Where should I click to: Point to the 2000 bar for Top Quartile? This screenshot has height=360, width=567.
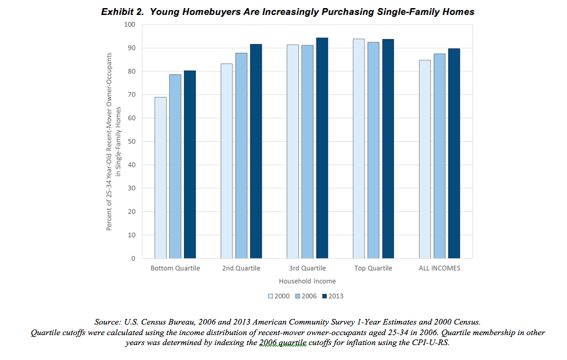[x=359, y=149]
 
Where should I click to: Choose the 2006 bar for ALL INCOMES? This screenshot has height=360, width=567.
[x=440, y=156]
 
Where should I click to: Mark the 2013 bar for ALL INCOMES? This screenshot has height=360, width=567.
[x=454, y=153]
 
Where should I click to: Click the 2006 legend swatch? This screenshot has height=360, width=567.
[x=298, y=295]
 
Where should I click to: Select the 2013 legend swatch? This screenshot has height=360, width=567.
[x=324, y=295]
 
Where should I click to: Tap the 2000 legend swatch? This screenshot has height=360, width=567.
[x=271, y=295]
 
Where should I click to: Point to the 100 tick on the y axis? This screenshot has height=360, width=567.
[x=129, y=24]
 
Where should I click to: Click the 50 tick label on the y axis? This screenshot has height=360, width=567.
[x=131, y=141]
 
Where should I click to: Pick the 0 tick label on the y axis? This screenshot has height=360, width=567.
[x=133, y=259]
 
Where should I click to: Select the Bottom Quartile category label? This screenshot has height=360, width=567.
[x=175, y=269]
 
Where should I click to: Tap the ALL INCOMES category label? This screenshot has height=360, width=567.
[x=440, y=269]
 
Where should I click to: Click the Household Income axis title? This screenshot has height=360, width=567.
[x=307, y=281]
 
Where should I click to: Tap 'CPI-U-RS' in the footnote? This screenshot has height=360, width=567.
[x=428, y=342]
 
